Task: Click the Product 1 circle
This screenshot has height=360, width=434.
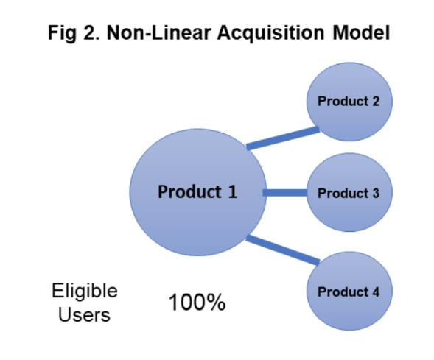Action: coord(198,192)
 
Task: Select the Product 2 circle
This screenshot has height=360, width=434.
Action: coord(349,102)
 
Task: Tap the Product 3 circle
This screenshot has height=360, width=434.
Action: coord(349,192)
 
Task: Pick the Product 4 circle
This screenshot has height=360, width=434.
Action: coord(349,291)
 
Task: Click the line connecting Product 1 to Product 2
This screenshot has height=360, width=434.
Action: coord(283,138)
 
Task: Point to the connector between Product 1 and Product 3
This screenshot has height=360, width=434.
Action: coord(285,193)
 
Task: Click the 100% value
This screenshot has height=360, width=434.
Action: coord(197,303)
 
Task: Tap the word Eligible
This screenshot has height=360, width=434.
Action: coord(85,291)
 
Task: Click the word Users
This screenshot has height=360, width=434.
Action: coord(84,314)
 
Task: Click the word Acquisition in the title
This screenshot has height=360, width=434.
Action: coord(270,33)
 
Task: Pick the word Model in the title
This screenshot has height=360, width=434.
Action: coord(361,32)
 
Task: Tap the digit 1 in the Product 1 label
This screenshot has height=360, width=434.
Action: coord(233,191)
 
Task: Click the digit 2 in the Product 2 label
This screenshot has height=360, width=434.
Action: coord(375,101)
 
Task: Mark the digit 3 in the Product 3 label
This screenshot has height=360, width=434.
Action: coord(375,193)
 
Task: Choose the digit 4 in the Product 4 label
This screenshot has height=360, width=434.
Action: coord(375,292)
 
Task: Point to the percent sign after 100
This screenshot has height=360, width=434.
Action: coord(217,303)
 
